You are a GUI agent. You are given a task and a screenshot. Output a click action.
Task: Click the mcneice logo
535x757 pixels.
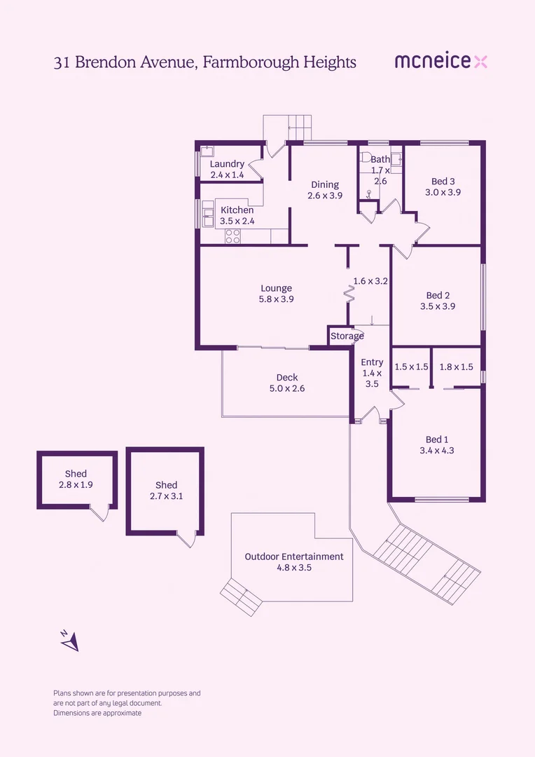[x=440, y=62]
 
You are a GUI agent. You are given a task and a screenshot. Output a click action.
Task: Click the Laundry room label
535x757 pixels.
[x=227, y=164]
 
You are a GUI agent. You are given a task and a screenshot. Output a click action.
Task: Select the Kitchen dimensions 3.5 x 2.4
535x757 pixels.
[x=237, y=221]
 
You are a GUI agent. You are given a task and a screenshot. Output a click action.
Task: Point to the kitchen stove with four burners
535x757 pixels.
[x=232, y=236]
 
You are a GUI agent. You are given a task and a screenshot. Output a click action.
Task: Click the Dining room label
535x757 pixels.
[x=325, y=185]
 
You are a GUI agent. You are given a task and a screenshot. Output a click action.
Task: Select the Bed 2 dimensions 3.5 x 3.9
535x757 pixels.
[x=438, y=306]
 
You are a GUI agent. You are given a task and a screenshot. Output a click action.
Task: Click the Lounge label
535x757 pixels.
[x=276, y=288]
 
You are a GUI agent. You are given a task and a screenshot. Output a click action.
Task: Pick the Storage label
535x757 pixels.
[x=347, y=336]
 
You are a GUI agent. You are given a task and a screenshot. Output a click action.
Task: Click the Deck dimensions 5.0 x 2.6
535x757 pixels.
[x=287, y=388]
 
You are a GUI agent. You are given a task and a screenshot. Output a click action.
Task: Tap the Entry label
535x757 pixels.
[x=372, y=362]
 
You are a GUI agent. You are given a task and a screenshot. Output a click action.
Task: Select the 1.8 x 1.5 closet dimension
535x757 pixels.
[x=456, y=367]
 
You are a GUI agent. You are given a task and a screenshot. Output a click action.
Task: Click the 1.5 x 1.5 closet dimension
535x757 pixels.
[x=411, y=367]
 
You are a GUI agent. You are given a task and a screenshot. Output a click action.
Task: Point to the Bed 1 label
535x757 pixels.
[x=437, y=439]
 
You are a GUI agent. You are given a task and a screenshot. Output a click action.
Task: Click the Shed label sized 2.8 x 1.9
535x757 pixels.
[x=76, y=474]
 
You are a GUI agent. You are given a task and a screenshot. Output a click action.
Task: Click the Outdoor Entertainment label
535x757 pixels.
[x=294, y=557]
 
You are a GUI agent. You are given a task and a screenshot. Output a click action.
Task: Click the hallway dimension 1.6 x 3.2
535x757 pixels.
[x=370, y=280]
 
